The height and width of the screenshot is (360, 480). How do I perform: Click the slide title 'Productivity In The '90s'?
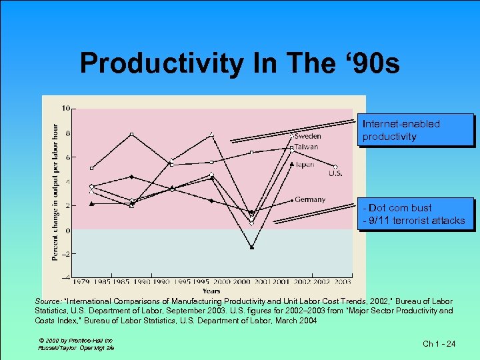click(x=239, y=63)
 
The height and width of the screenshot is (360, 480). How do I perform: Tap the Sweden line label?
click(x=307, y=137)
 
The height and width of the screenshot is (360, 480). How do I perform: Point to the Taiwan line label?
click(x=306, y=147)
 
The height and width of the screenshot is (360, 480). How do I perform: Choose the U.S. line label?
click(x=335, y=174)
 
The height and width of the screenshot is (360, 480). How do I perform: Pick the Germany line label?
click(x=310, y=199)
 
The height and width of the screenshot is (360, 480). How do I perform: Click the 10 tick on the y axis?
click(x=66, y=108)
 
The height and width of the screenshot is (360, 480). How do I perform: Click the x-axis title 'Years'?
click(x=211, y=291)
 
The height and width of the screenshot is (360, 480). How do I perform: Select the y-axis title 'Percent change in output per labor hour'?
click(x=55, y=192)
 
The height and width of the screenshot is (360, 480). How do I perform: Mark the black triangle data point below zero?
click(x=251, y=247)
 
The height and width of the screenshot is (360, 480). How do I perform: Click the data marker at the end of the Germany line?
click(x=292, y=199)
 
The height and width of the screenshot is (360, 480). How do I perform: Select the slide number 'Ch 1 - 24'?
click(x=439, y=344)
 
